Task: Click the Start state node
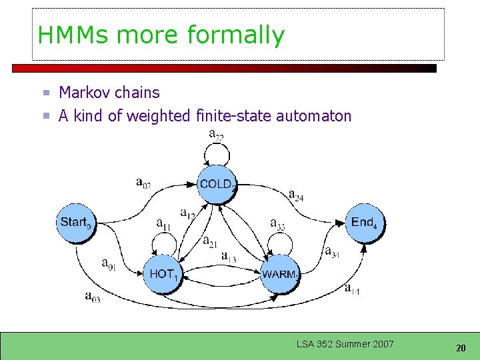[x=77, y=223]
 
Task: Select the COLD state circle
[x=216, y=184]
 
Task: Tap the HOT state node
[x=163, y=273]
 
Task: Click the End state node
[x=364, y=223]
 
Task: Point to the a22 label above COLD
[x=216, y=135]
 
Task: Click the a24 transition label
[x=296, y=195]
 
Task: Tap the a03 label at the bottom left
[x=92, y=297]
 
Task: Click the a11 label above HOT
[x=163, y=224]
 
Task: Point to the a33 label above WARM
[x=277, y=224]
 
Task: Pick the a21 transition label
[x=210, y=242]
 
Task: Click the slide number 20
[x=461, y=348]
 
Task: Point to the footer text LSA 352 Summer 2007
[x=345, y=344]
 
